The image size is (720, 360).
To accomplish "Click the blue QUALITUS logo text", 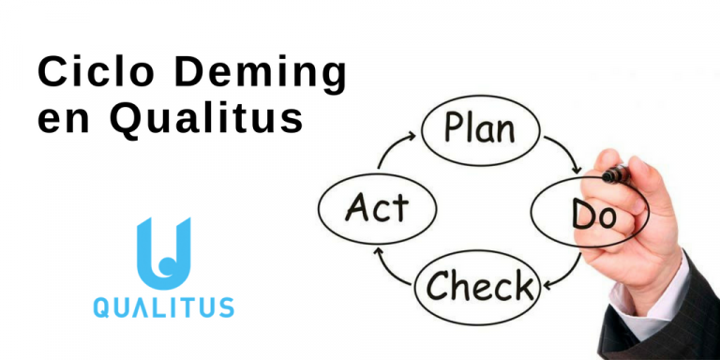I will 163,307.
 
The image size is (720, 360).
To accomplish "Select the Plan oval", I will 481,128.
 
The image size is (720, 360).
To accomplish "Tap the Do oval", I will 592,215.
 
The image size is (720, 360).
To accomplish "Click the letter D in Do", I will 582,215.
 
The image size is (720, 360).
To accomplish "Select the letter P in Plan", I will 456,129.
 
